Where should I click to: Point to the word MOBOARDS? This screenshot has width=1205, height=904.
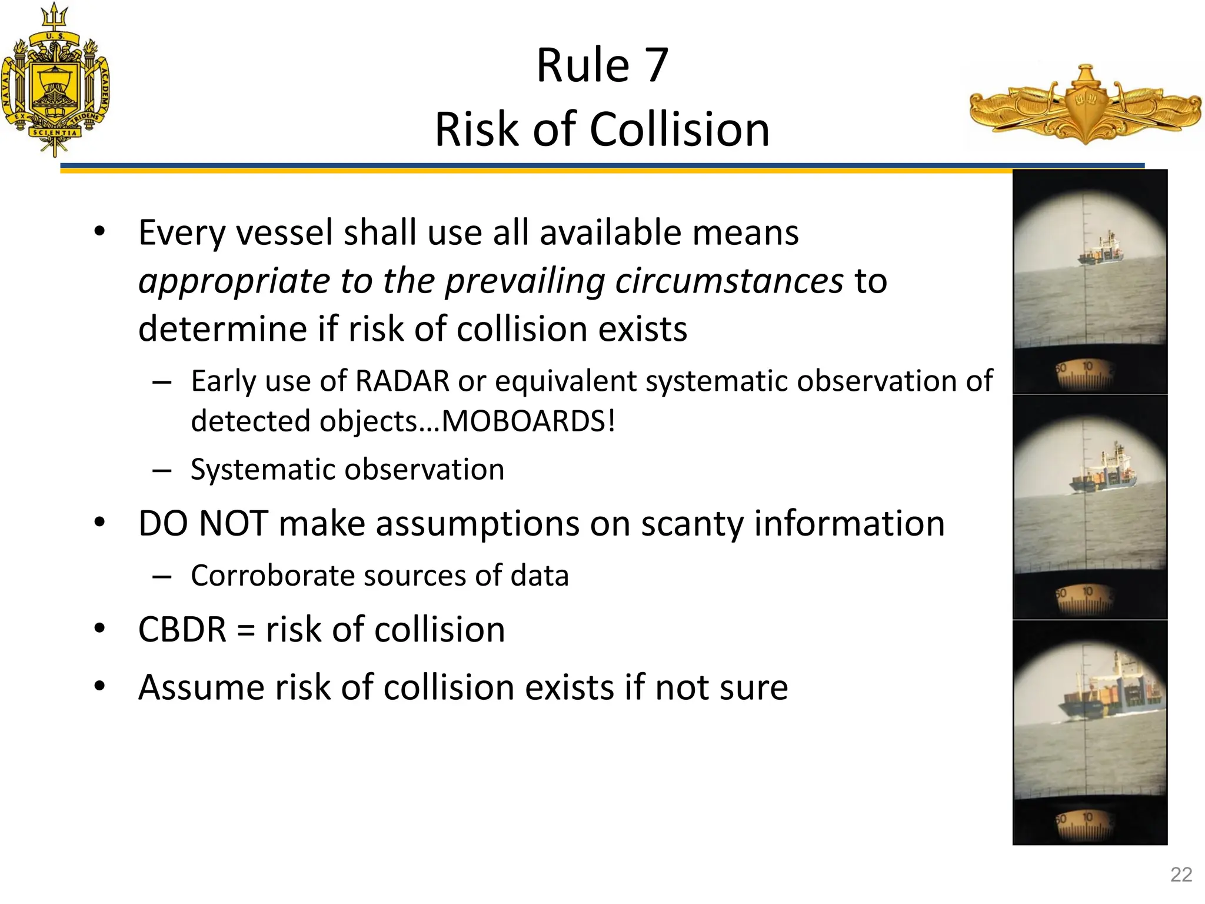point(528,421)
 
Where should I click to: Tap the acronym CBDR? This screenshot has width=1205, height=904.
point(182,630)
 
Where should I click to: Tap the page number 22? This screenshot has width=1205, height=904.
point(1181,875)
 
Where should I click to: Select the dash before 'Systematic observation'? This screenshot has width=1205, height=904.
point(162,470)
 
